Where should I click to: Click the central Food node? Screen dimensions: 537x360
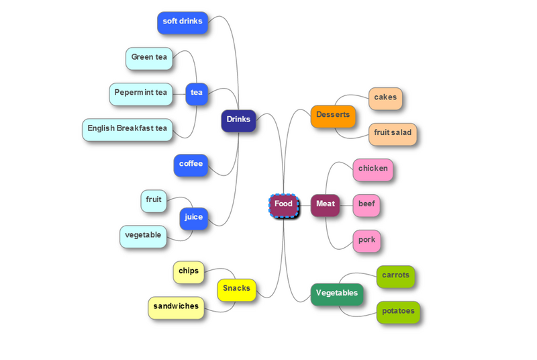tap(283, 206)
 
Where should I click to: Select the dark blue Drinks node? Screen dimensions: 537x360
tap(238, 121)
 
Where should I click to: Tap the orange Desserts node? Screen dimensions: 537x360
tap(333, 116)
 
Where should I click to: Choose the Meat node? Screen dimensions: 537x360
tap(326, 206)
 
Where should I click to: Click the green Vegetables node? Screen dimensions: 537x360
tap(337, 295)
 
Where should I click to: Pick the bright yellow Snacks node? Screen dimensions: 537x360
tap(237, 290)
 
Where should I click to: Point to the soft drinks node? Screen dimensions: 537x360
tap(183, 23)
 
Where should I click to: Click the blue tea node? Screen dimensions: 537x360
tap(197, 94)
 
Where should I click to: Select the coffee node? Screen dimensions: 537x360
tap(191, 165)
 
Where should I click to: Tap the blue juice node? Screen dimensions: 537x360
tap(194, 219)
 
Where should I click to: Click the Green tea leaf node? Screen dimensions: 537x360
tap(149, 58)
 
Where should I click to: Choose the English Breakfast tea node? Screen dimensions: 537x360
tap(128, 130)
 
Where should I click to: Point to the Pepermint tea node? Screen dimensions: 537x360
tap(141, 94)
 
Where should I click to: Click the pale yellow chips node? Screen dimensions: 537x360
tap(189, 273)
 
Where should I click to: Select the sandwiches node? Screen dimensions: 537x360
tap(176, 308)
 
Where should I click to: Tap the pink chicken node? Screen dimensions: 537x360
tap(373, 170)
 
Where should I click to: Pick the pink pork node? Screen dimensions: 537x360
tap(367, 241)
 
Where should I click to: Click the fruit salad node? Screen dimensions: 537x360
tap(393, 134)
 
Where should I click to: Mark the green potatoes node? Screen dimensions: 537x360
tap(398, 312)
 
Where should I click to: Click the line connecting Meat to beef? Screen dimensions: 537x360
tap(346, 206)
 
